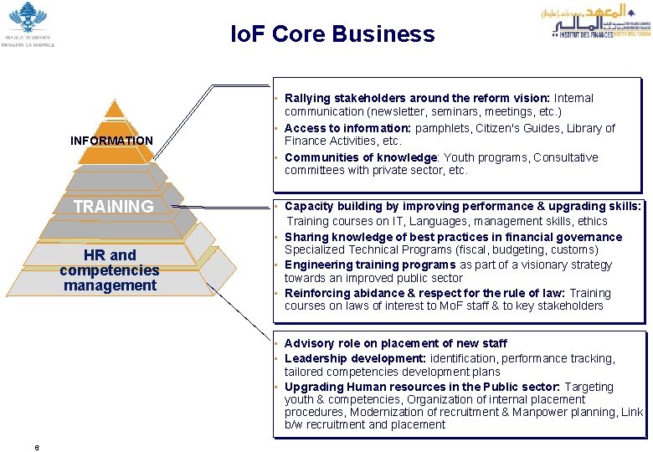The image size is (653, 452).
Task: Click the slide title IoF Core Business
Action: click(x=333, y=34)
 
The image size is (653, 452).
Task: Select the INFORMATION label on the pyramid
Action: click(x=111, y=141)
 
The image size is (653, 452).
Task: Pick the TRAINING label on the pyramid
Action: click(x=113, y=206)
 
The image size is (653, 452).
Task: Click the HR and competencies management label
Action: click(x=110, y=270)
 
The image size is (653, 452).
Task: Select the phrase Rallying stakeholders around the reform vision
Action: click(x=417, y=98)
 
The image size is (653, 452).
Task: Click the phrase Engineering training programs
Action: click(x=370, y=265)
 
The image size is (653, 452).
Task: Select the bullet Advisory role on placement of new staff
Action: click(x=395, y=343)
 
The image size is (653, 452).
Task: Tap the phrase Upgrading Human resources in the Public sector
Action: click(x=421, y=387)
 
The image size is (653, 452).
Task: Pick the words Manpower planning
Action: click(x=575, y=412)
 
